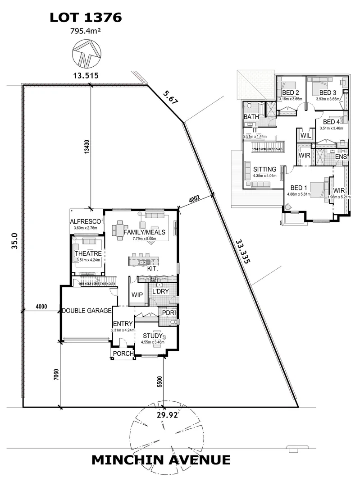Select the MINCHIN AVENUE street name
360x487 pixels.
161,460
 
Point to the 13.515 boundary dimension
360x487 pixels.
86,75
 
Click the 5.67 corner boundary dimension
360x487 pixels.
171,97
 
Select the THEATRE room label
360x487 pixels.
88,253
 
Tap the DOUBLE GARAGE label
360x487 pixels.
87,311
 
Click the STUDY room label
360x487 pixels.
153,335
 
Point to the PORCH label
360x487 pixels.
123,354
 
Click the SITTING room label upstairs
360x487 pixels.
264,169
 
